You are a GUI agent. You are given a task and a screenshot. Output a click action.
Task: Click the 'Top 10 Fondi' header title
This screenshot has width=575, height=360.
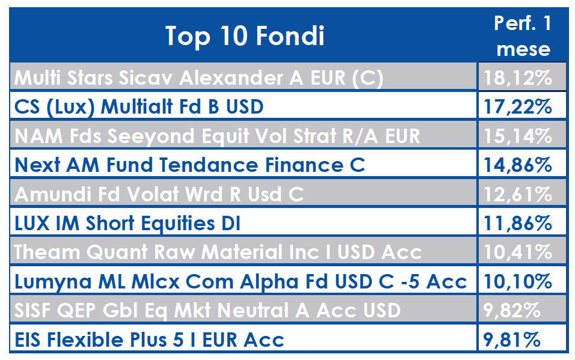click(x=245, y=36)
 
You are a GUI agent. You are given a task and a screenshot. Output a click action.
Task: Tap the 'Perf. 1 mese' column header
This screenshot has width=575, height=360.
click(x=523, y=36)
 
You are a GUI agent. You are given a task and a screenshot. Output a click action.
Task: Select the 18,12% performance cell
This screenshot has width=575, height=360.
click(x=518, y=78)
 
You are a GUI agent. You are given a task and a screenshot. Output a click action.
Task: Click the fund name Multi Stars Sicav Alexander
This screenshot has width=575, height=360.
click(x=198, y=78)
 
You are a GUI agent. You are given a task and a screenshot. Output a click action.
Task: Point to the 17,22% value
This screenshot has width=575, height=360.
click(x=518, y=107)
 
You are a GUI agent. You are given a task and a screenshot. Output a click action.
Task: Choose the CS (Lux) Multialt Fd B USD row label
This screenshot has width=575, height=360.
click(x=138, y=107)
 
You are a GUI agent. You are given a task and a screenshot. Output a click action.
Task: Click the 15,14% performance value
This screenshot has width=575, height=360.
click(x=518, y=136)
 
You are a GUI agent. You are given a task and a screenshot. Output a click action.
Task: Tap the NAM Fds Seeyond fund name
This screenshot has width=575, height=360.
click(x=217, y=136)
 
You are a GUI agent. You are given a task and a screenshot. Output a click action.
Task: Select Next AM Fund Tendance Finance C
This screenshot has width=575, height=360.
click(x=189, y=165)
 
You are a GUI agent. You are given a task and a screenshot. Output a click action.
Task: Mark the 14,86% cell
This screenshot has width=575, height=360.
click(x=518, y=165)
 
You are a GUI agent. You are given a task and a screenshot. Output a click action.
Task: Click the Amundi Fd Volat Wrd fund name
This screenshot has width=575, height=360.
click(x=159, y=194)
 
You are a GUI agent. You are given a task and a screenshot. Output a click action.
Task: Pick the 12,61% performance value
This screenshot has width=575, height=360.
click(x=518, y=194)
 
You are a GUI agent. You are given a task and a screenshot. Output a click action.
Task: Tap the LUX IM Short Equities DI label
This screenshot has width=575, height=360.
click(x=128, y=223)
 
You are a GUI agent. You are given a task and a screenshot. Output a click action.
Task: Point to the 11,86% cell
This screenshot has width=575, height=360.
click(x=518, y=223)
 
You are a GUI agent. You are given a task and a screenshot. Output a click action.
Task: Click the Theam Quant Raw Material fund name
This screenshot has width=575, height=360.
click(x=218, y=252)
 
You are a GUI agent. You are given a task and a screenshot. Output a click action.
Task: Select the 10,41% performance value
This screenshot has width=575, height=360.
click(x=518, y=252)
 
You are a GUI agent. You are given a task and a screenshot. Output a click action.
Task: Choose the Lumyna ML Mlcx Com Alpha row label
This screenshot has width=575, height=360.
click(x=241, y=281)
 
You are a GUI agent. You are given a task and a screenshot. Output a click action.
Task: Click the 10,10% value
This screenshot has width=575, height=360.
click(x=518, y=281)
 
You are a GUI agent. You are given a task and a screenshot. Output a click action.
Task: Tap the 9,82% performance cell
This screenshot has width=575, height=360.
click(x=512, y=311)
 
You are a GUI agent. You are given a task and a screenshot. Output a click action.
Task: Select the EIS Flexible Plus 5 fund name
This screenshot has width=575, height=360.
click(x=149, y=340)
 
